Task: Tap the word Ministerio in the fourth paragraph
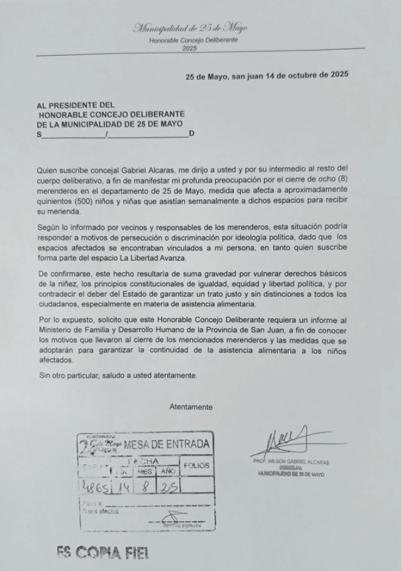pyautogui.click(x=56, y=331)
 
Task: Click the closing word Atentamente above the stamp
pyautogui.click(x=191, y=406)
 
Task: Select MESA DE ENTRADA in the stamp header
pyautogui.click(x=166, y=444)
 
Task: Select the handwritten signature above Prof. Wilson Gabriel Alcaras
pyautogui.click(x=290, y=441)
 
